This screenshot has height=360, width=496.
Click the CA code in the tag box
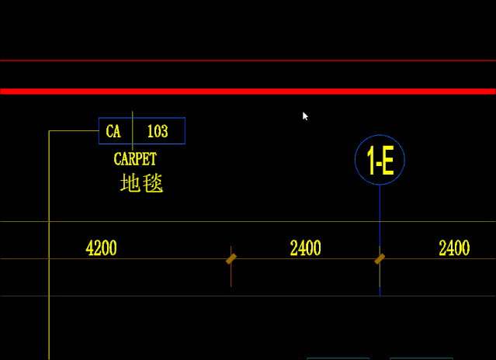pyautogui.click(x=113, y=131)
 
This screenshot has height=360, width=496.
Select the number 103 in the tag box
pyautogui.click(x=158, y=131)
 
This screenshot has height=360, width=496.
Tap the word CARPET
pyautogui.click(x=135, y=159)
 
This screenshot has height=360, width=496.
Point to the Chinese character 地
pyautogui.click(x=130, y=182)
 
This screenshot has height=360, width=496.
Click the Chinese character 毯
pyautogui.click(x=153, y=183)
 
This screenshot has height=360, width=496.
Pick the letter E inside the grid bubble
pyautogui.click(x=387, y=161)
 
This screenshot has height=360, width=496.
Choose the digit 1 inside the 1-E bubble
pyautogui.click(x=371, y=161)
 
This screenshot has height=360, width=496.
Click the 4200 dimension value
pyautogui.click(x=101, y=247)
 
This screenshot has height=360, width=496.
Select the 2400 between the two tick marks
pyautogui.click(x=306, y=247)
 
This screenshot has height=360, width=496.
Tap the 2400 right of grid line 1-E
pyautogui.click(x=454, y=247)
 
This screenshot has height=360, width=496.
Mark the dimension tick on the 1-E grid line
pyautogui.click(x=380, y=259)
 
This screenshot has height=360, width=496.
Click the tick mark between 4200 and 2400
pyautogui.click(x=231, y=259)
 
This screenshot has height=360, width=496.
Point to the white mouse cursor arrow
pyautogui.click(x=305, y=116)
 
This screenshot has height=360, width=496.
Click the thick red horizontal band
pyautogui.click(x=248, y=92)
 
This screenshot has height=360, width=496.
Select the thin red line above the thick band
pyautogui.click(x=248, y=61)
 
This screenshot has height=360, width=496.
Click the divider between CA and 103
pyautogui.click(x=133, y=130)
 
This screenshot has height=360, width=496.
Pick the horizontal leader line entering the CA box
pyautogui.click(x=74, y=130)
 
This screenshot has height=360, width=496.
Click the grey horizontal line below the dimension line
pyautogui.click(x=248, y=296)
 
